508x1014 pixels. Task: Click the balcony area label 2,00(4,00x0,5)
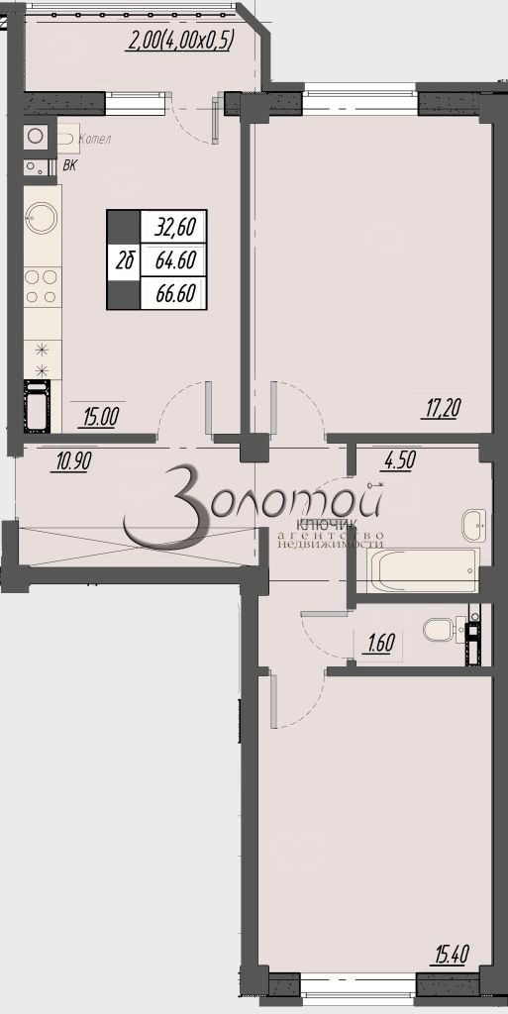click(180, 42)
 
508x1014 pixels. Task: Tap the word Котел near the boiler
click(93, 139)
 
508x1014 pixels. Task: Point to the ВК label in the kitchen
click(69, 165)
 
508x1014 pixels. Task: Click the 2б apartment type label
click(125, 260)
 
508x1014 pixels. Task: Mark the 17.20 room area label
click(443, 406)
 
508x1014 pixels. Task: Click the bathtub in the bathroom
click(423, 569)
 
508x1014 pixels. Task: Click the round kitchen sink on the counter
click(42, 215)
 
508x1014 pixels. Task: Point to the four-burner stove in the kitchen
click(41, 286)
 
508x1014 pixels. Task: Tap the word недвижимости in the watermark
click(330, 544)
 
